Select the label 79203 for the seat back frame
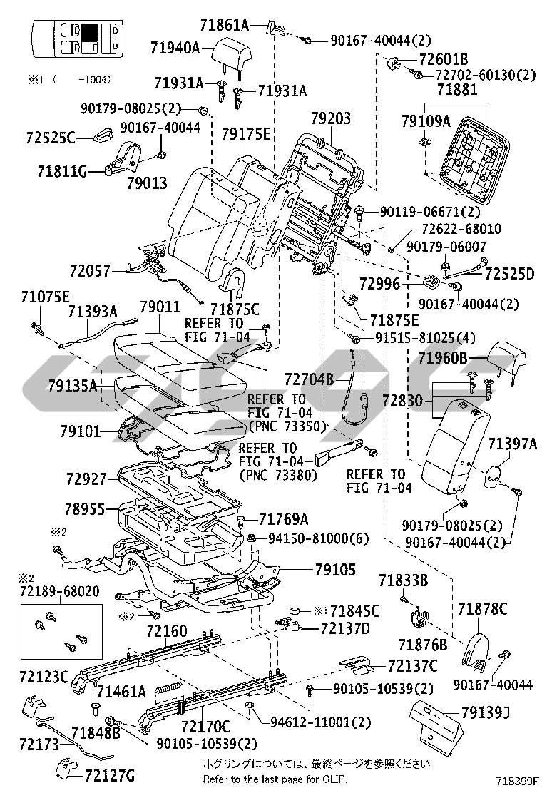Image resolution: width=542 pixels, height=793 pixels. point(331,118)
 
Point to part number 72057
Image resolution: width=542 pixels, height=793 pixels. point(91,271)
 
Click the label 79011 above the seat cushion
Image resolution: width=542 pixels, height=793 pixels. point(160,308)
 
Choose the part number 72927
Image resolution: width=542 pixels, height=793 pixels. point(86,479)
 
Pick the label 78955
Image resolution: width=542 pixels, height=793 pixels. point(85,510)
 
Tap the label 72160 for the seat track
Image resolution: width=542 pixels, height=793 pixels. point(167,631)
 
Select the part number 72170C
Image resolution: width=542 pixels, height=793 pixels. point(205,727)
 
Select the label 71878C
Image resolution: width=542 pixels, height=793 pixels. point(483,608)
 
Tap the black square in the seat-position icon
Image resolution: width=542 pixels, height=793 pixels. point(90,34)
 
